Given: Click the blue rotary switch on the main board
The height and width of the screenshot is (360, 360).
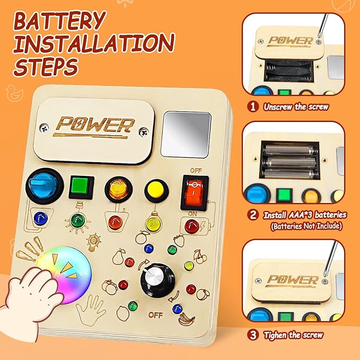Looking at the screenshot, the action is pos(45,186).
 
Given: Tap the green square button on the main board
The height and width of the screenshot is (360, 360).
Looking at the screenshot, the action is pos(81,187).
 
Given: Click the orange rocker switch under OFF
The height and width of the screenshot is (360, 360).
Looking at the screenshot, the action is pos(195,192).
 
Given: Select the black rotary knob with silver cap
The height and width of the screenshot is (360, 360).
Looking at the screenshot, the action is pos(157,280).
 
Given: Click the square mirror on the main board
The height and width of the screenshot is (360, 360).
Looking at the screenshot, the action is pos(186,135).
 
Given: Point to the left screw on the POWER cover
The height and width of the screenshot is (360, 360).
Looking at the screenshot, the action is pos(44,128).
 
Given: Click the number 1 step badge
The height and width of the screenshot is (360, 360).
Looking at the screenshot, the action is pos(253,107).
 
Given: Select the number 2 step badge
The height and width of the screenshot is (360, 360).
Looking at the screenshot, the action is pos(253,215).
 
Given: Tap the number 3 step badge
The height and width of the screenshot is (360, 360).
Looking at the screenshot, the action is pos(253,335).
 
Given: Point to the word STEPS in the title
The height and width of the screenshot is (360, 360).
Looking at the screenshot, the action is pos(46,66).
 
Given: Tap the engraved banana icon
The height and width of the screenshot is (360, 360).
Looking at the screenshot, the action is pos(187,319).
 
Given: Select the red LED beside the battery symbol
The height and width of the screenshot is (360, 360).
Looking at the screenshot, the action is pos(192,226).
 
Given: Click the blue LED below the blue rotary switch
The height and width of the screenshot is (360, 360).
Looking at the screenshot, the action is pos(41,218).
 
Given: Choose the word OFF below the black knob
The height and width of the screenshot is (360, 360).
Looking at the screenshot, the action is pos(155,315).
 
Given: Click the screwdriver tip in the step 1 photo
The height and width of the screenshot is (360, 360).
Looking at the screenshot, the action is pos(319,36).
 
